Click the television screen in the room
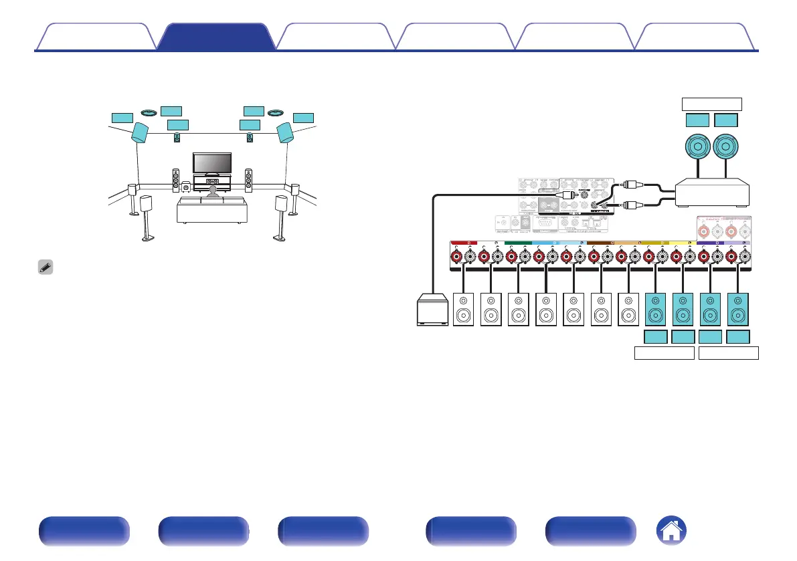[212, 162]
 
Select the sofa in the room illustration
[211, 210]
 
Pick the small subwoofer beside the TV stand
[185, 187]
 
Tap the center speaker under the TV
[212, 182]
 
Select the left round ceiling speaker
[149, 112]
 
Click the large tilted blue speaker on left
[141, 132]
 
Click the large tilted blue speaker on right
[285, 132]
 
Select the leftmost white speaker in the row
[463, 310]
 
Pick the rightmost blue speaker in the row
[739, 310]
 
